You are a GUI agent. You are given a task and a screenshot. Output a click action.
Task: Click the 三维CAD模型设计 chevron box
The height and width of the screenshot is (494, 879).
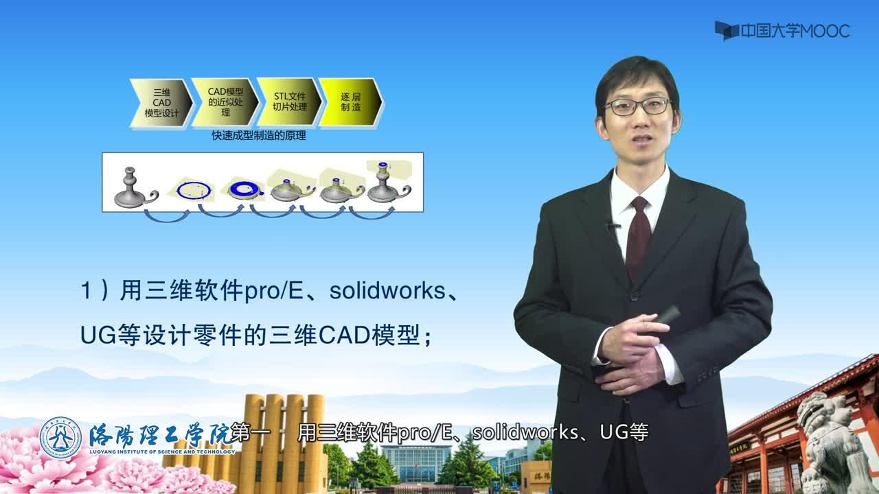coord(161,103)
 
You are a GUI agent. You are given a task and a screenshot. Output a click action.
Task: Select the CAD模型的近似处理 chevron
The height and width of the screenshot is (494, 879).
coord(225,102)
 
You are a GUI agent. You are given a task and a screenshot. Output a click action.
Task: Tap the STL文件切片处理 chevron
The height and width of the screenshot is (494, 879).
coord(290,102)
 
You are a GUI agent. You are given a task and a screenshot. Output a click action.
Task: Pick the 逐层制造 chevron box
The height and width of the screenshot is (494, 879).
coord(350,102)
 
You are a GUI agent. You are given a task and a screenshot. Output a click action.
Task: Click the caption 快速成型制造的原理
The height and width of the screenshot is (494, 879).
coord(259,136)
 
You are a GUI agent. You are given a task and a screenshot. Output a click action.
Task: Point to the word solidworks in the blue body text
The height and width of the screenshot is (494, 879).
coord(387,290)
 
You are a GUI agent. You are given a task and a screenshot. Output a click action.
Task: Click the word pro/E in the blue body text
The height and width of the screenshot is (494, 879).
coord(274,292)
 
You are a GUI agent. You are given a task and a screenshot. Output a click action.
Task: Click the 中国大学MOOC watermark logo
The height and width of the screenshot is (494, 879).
coord(782,31)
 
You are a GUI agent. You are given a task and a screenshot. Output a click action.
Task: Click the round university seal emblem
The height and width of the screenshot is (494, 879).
coord(60,438)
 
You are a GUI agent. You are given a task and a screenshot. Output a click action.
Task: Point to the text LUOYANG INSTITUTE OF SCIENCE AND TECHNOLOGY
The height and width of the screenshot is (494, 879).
coord(162,451)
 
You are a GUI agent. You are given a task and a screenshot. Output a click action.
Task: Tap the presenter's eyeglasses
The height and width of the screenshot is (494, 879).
coord(637,106)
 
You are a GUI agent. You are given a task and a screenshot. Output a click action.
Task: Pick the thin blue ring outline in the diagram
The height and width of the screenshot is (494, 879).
coord(194,191)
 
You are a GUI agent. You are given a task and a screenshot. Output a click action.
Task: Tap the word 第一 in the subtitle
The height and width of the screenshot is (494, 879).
coord(249,432)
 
